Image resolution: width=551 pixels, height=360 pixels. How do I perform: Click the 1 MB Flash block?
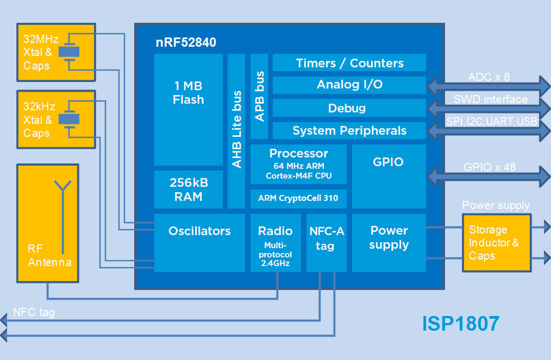[x=189, y=109]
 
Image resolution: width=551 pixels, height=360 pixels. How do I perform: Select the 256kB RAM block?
[x=189, y=190]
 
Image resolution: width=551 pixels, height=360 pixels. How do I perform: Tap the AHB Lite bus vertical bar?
[x=236, y=131]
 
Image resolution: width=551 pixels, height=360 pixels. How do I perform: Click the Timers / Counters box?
[x=349, y=62]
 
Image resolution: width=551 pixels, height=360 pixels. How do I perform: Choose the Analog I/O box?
[x=349, y=85]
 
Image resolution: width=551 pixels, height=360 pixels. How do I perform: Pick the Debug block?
[x=349, y=108]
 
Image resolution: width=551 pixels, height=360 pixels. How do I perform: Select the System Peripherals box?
[x=349, y=131]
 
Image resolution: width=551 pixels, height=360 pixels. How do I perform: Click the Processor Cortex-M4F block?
[x=298, y=164]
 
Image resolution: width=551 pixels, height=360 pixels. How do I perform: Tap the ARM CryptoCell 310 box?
[x=298, y=198]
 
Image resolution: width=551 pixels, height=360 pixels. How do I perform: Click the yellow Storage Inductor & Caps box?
[x=496, y=243]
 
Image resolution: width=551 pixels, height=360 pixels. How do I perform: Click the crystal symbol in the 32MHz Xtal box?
[x=69, y=52]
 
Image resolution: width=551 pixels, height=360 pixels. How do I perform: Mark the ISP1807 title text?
[x=460, y=324]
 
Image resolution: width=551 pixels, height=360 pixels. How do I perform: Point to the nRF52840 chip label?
[x=186, y=42]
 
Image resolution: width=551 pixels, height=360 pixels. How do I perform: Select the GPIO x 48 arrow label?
[x=489, y=167]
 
